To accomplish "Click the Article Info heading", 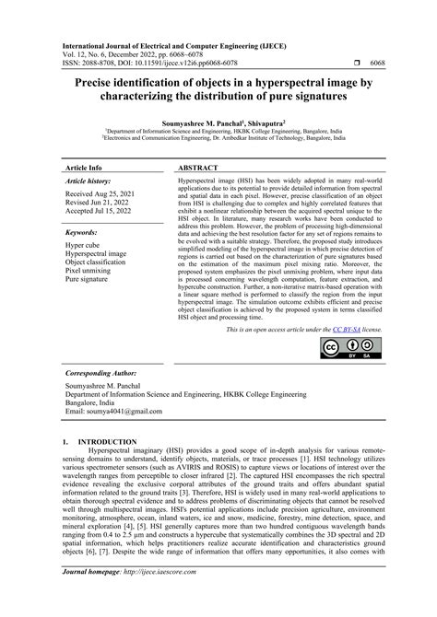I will pos(85,169).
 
